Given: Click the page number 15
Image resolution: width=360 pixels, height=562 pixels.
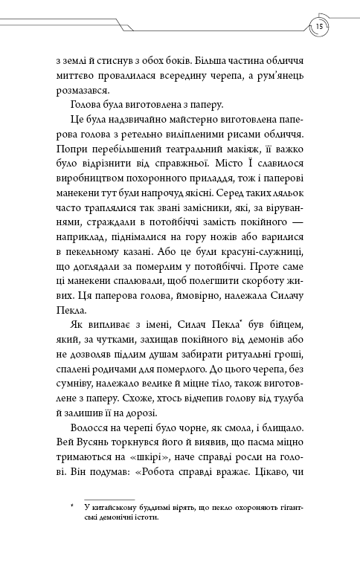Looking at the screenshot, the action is pyautogui.click(x=318, y=28).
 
